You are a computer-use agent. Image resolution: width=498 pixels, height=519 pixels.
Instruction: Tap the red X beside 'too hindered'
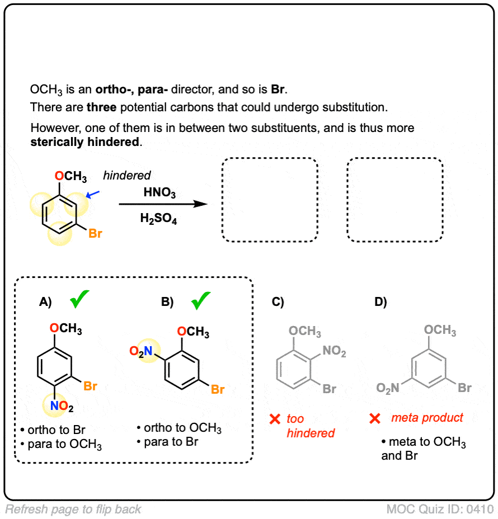tap(274, 419)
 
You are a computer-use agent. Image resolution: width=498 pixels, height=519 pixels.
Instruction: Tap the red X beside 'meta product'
tap(376, 418)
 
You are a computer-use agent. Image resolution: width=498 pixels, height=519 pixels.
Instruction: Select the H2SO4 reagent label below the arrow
tap(159, 220)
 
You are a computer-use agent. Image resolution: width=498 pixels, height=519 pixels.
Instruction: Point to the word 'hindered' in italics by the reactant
tap(127, 176)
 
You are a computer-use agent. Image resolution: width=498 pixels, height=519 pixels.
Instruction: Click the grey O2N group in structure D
tap(388, 389)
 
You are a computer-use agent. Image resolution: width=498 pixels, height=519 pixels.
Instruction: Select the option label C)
tap(278, 302)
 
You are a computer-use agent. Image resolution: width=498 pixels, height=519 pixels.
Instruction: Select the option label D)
tap(380, 302)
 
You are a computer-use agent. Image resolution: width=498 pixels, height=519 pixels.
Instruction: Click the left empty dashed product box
tap(270, 200)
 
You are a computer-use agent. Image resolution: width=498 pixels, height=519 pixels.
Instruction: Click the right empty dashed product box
tap(394, 200)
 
